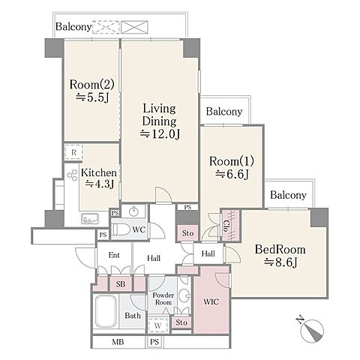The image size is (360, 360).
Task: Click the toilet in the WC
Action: pyautogui.click(x=121, y=229)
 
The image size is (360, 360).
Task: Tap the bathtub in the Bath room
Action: pyautogui.click(x=106, y=312)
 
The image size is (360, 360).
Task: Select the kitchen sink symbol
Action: pyautogui.click(x=90, y=219)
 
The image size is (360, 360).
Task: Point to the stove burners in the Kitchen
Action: pyautogui.click(x=72, y=175)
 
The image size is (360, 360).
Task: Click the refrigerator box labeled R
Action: pyautogui.click(x=73, y=152)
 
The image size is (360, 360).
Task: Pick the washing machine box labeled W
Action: pyautogui.click(x=157, y=325)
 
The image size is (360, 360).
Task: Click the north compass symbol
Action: pyautogui.click(x=312, y=329)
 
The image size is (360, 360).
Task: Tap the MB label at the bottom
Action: pyautogui.click(x=118, y=342)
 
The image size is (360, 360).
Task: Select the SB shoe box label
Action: pyautogui.click(x=121, y=284)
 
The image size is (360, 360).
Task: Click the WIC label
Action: pyautogui.click(x=211, y=301)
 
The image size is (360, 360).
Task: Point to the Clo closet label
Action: pyautogui.click(x=226, y=226)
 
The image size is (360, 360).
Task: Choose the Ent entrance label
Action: pyautogui.click(x=114, y=255)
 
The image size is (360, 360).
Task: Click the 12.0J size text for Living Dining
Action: pyautogui.click(x=160, y=133)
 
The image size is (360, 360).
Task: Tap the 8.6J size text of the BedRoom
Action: pyautogui.click(x=280, y=262)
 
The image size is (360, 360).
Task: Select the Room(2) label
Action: pyautogui.click(x=91, y=85)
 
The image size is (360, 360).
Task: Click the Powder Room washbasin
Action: pyautogui.click(x=185, y=296)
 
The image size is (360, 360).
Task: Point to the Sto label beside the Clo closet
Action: pyautogui.click(x=187, y=233)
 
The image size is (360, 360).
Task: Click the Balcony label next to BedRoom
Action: pyautogui.click(x=288, y=195)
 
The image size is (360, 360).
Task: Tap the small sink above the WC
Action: pyautogui.click(x=134, y=211)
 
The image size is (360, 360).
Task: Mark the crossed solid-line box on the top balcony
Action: pyautogui.click(x=134, y=27)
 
